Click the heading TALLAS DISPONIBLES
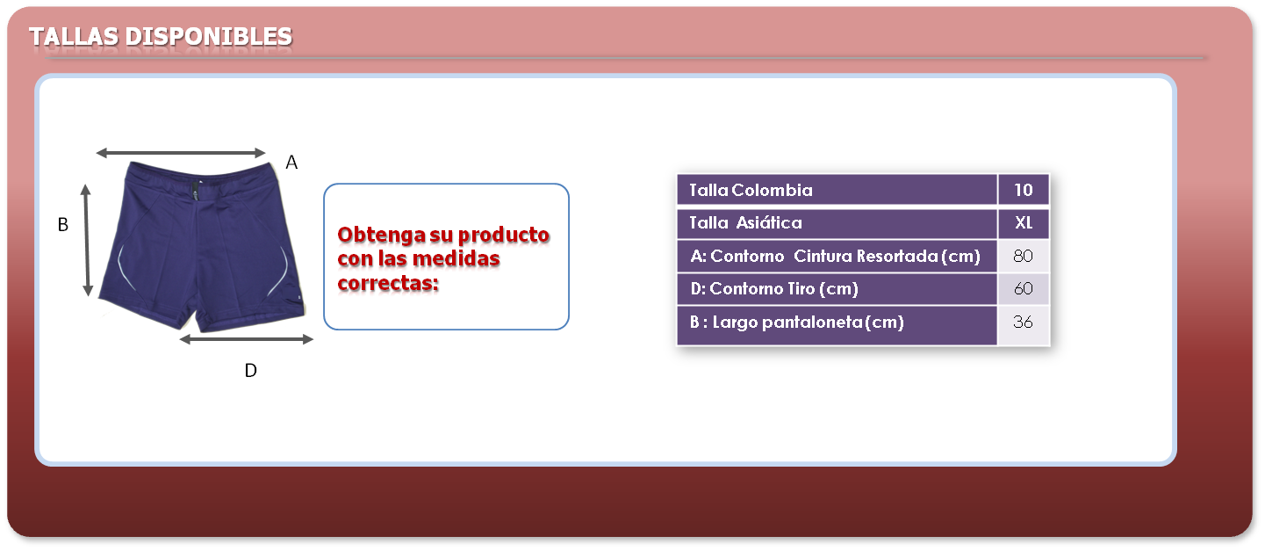(161, 36)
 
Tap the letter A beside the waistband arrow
(291, 163)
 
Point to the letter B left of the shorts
(63, 225)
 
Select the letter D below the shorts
(251, 371)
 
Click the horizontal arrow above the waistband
(181, 153)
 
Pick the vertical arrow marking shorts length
(87, 240)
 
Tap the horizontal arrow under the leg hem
(246, 339)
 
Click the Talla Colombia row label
(751, 190)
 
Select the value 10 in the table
(1024, 190)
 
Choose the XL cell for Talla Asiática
(1024, 222)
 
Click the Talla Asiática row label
(745, 222)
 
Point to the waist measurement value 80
(1024, 256)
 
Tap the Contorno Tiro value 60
(1024, 289)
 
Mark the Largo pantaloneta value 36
(1024, 323)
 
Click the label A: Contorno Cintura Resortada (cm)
(835, 256)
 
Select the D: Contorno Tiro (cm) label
(774, 289)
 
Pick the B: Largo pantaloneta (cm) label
(797, 323)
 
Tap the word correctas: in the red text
(388, 283)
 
